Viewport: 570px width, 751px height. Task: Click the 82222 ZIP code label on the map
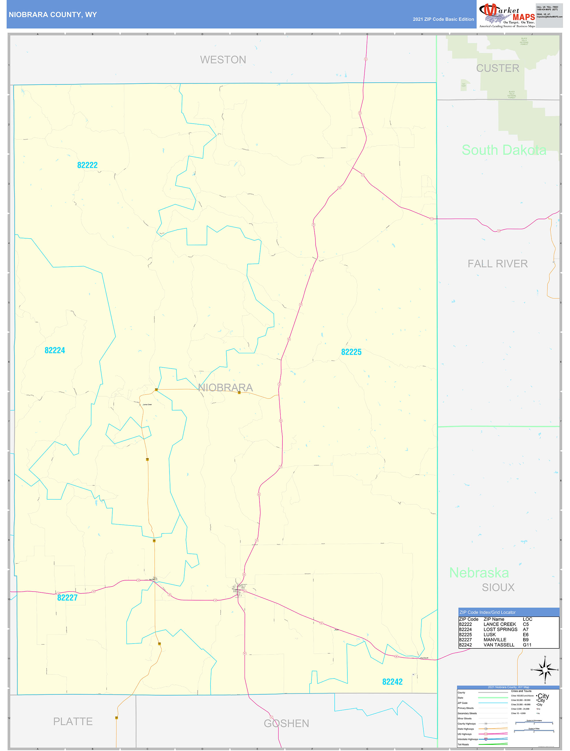(x=87, y=165)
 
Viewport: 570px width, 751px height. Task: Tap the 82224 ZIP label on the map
(x=55, y=350)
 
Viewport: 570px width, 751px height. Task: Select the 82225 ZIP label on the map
(x=351, y=352)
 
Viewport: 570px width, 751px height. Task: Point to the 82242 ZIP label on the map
(x=392, y=682)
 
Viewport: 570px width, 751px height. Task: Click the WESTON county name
(x=223, y=60)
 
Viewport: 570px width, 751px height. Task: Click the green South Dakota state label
(x=504, y=150)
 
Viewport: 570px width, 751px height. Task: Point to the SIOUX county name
(x=498, y=587)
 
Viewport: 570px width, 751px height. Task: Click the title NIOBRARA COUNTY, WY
(x=53, y=15)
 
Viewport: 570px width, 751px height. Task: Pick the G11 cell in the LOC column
(x=527, y=645)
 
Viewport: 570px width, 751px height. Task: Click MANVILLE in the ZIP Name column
(x=495, y=640)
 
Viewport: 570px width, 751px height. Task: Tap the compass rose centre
(x=545, y=670)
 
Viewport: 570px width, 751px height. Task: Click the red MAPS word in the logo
(x=524, y=17)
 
